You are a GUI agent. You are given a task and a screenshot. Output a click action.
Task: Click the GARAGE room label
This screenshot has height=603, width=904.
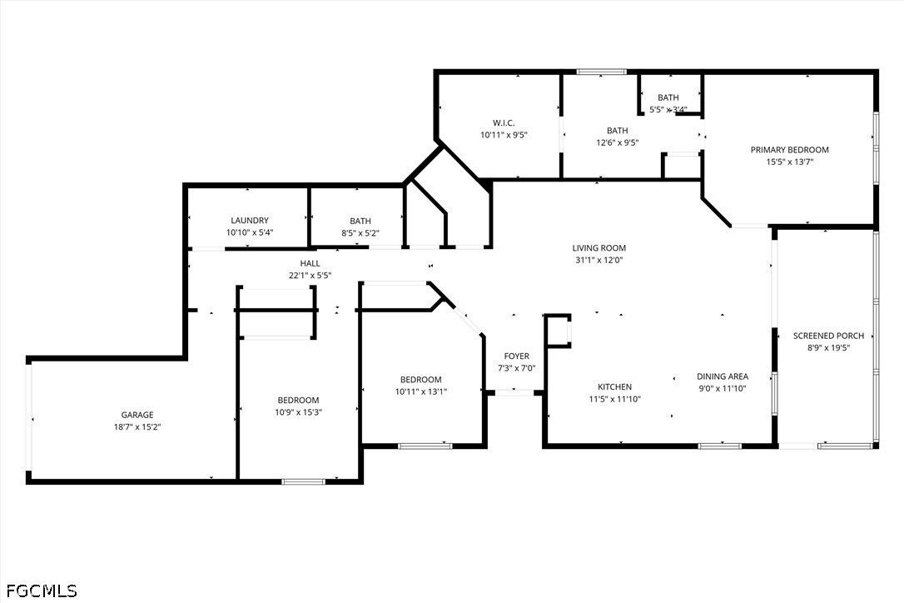pyautogui.click(x=137, y=415)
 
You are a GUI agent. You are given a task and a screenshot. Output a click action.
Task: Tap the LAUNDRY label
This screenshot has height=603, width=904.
pyautogui.click(x=250, y=221)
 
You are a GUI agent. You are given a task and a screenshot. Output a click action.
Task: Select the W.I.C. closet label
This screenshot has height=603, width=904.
pyautogui.click(x=504, y=123)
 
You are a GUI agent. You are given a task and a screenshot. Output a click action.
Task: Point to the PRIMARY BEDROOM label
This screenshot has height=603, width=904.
pyautogui.click(x=790, y=149)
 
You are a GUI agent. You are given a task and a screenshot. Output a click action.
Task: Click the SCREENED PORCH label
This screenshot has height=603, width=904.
pyautogui.click(x=828, y=336)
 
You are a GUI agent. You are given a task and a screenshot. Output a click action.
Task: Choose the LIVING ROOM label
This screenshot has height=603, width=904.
pyautogui.click(x=599, y=248)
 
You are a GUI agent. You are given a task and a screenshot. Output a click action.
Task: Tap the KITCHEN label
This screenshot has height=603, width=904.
pyautogui.click(x=614, y=386)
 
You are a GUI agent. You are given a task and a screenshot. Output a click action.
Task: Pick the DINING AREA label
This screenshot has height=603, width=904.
pyautogui.click(x=723, y=376)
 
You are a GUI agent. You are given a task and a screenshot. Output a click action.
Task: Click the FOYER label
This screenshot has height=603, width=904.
pyautogui.click(x=517, y=356)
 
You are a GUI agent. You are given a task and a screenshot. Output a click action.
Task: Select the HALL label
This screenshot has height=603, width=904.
pyautogui.click(x=310, y=264)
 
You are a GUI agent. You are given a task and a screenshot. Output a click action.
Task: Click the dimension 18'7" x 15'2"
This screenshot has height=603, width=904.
pyautogui.click(x=137, y=427)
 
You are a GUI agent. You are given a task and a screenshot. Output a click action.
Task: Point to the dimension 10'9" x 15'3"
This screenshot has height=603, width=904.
pyautogui.click(x=298, y=412)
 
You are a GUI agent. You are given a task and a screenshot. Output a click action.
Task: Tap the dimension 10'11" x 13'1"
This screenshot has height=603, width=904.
pyautogui.click(x=421, y=391)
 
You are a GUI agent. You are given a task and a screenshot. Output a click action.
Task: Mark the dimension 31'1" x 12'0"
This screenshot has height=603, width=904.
pyautogui.click(x=599, y=260)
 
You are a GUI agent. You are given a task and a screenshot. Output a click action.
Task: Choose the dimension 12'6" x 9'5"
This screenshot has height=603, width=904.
pyautogui.click(x=618, y=142)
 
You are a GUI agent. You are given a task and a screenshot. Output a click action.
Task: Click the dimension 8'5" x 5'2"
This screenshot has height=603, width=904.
pyautogui.click(x=360, y=233)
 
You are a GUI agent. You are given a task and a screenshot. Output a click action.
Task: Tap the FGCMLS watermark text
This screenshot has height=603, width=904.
pyautogui.click(x=42, y=591)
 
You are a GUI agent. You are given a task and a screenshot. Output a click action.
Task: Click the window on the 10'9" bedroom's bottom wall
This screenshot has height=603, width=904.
pyautogui.click(x=303, y=481)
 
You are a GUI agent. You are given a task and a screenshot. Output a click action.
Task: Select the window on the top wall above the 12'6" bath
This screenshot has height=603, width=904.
pyautogui.click(x=601, y=72)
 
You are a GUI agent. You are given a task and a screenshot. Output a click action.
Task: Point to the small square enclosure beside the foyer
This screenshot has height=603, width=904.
pyautogui.click(x=559, y=331)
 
